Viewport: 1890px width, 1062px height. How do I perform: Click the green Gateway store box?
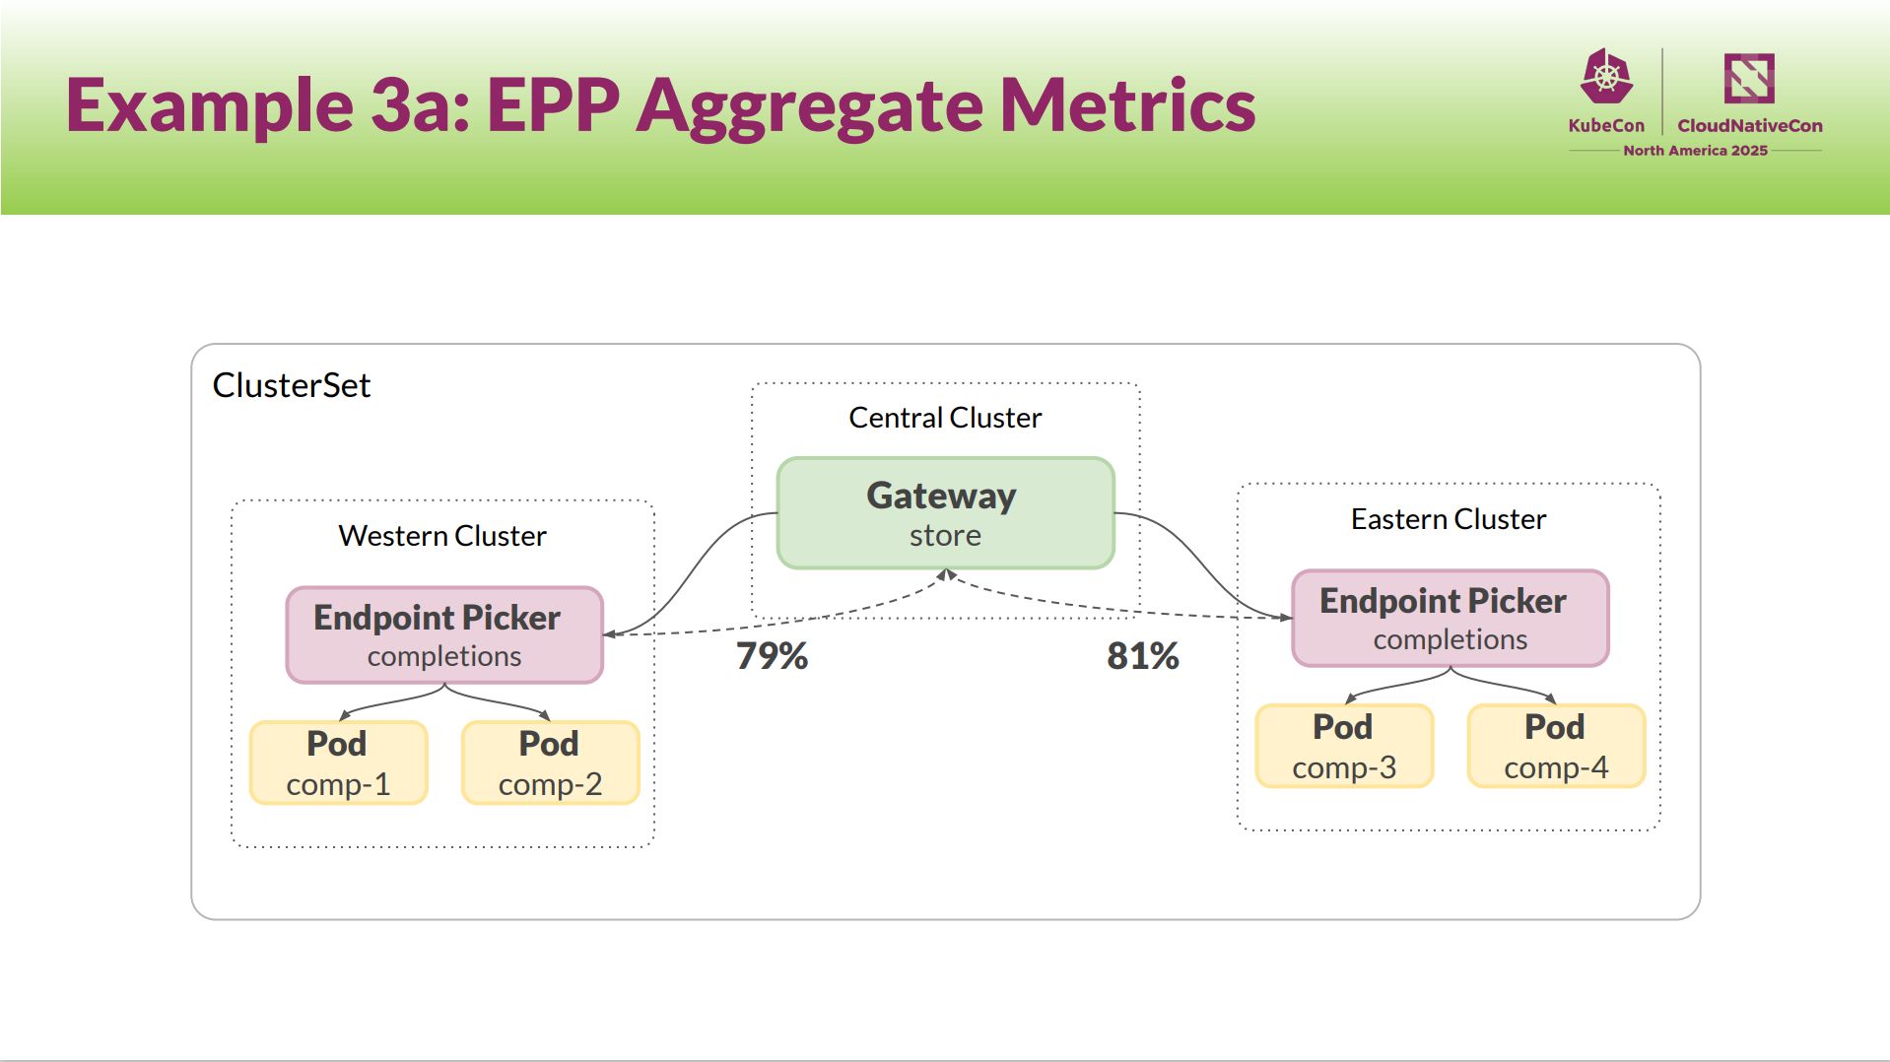(945, 512)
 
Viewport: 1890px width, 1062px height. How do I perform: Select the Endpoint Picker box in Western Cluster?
(444, 634)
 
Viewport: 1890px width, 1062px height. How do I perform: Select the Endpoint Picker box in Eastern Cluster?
(1450, 618)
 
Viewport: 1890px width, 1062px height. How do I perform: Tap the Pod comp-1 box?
(338, 763)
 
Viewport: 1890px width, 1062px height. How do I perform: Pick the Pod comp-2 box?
(550, 763)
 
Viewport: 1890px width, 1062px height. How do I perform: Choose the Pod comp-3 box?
(1344, 746)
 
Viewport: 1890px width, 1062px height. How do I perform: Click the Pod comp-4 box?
(1556, 746)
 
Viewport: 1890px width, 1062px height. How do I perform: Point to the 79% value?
(772, 656)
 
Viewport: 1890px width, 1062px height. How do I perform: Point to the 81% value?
(1143, 656)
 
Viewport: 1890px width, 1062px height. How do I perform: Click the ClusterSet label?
(292, 385)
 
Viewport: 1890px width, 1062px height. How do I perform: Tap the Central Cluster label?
(945, 418)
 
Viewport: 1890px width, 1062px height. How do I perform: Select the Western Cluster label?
(442, 536)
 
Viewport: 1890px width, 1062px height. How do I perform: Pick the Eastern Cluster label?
(1449, 519)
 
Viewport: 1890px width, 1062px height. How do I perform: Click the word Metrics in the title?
(1127, 104)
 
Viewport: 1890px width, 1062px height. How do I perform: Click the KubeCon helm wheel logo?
(1606, 76)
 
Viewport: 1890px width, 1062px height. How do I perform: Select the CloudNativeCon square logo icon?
(1749, 78)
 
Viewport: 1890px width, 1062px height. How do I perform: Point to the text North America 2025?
(1695, 151)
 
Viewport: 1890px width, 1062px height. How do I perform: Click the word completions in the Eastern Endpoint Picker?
(1451, 640)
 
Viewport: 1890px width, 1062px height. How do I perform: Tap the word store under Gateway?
(945, 536)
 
